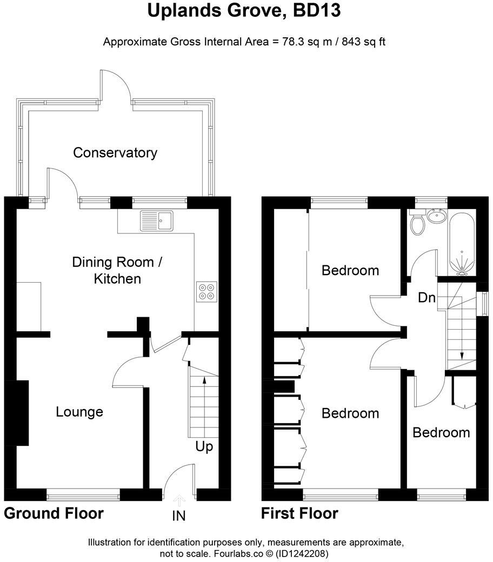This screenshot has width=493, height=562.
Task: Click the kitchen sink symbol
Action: [x=156, y=220]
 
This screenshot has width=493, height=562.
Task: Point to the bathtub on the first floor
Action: [x=462, y=243]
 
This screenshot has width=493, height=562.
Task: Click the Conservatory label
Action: [x=115, y=153]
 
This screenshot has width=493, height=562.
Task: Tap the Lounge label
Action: [x=79, y=412]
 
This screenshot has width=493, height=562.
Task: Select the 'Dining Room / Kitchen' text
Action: [x=117, y=271]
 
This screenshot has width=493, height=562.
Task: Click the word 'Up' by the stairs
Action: [x=205, y=447]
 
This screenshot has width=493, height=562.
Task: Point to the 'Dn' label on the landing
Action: [x=427, y=298]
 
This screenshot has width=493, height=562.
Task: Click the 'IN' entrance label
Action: [x=179, y=516]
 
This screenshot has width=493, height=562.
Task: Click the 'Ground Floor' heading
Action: [x=54, y=513]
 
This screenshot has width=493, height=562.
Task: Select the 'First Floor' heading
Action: [x=299, y=513]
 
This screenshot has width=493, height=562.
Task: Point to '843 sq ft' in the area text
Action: [x=357, y=42]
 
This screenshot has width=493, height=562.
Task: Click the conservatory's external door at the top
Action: [x=115, y=86]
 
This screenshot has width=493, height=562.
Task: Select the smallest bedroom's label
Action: [x=441, y=433]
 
